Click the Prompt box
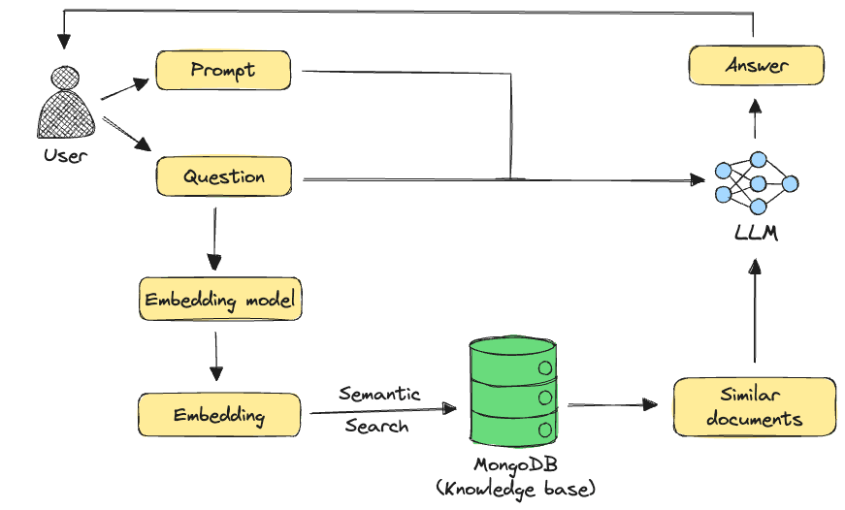tap(223, 71)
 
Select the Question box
tap(223, 177)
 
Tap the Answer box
tap(756, 67)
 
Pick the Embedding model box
tap(221, 301)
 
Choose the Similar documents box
tap(754, 406)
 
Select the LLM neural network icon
tap(756, 182)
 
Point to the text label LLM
tap(756, 234)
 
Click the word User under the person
tap(65, 155)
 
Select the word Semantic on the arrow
tap(379, 394)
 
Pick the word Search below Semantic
tap(376, 426)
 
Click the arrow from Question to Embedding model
tap(214, 238)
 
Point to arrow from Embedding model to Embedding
tap(215, 357)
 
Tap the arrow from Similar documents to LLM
tap(755, 310)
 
